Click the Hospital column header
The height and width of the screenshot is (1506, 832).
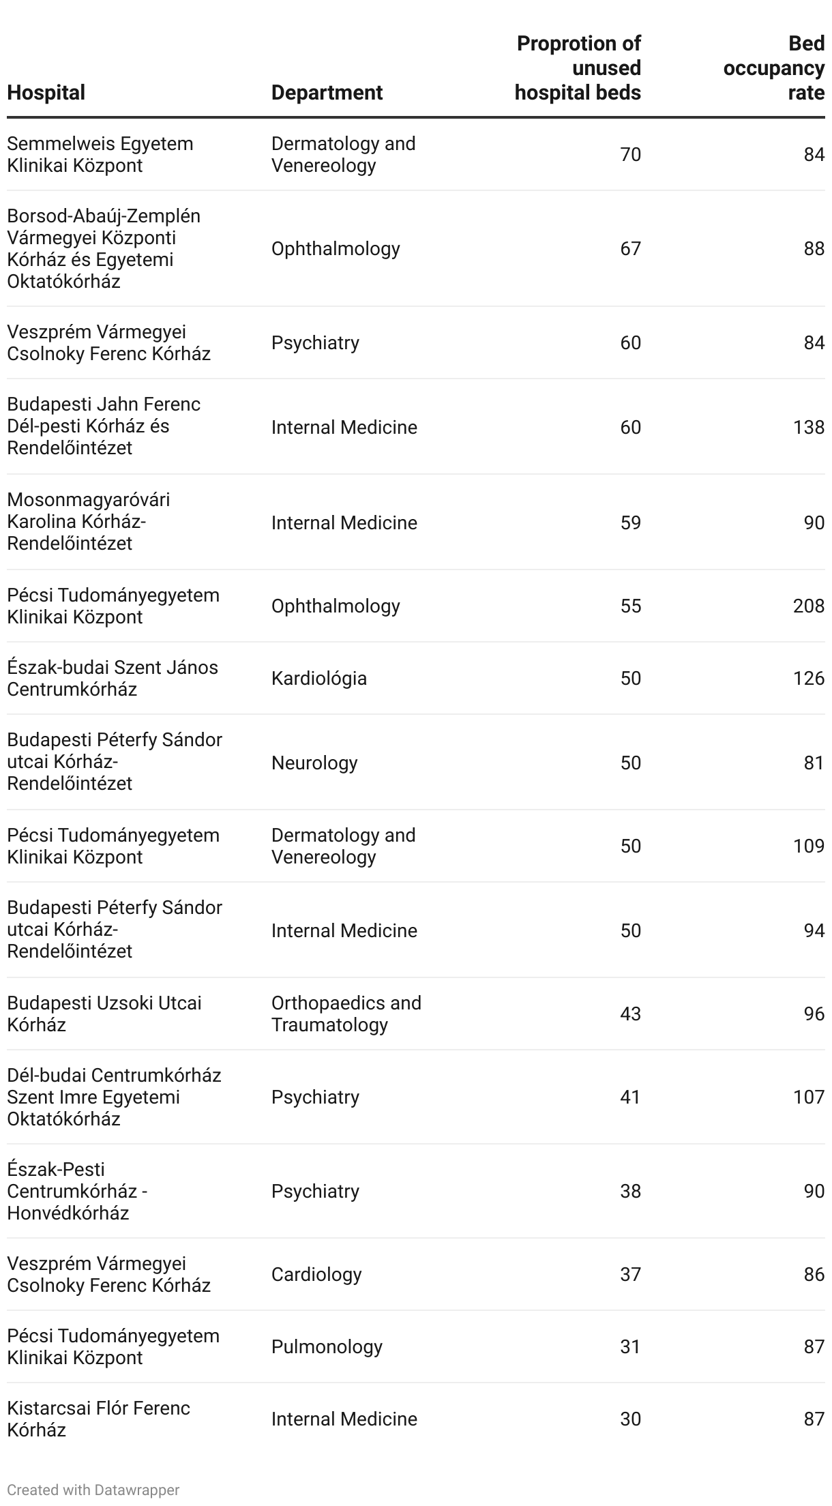(46, 93)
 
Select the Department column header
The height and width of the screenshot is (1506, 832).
(327, 93)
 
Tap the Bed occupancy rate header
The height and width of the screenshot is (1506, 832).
(774, 68)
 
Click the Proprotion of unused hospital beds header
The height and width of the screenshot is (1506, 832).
(578, 68)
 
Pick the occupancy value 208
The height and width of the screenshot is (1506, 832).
(808, 606)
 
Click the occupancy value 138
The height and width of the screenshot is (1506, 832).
(808, 428)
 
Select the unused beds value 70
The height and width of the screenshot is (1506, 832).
(630, 156)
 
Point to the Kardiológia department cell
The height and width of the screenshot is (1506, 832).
(318, 679)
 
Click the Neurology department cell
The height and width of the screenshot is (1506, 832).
(314, 763)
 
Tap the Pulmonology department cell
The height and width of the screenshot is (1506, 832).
(327, 1347)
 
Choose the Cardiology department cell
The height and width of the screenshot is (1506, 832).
(316, 1275)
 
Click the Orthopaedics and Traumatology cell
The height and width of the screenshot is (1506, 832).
(346, 1014)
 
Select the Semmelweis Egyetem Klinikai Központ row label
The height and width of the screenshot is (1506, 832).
(100, 155)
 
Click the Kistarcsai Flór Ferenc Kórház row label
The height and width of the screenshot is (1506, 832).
(98, 1419)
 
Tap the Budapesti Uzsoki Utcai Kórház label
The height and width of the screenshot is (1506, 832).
(104, 1014)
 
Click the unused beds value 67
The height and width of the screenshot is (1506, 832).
(630, 249)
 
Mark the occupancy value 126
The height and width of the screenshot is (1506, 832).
(808, 679)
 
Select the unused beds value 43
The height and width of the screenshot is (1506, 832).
(630, 1014)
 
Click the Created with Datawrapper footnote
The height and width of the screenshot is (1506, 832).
(93, 1490)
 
